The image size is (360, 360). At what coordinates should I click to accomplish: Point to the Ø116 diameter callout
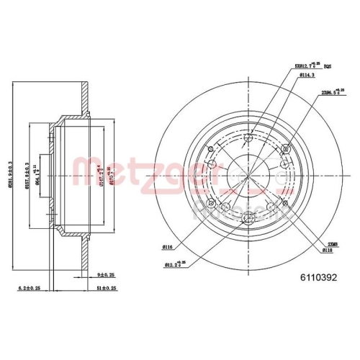click(167, 246)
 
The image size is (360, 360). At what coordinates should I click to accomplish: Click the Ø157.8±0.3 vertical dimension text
click(27, 175)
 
